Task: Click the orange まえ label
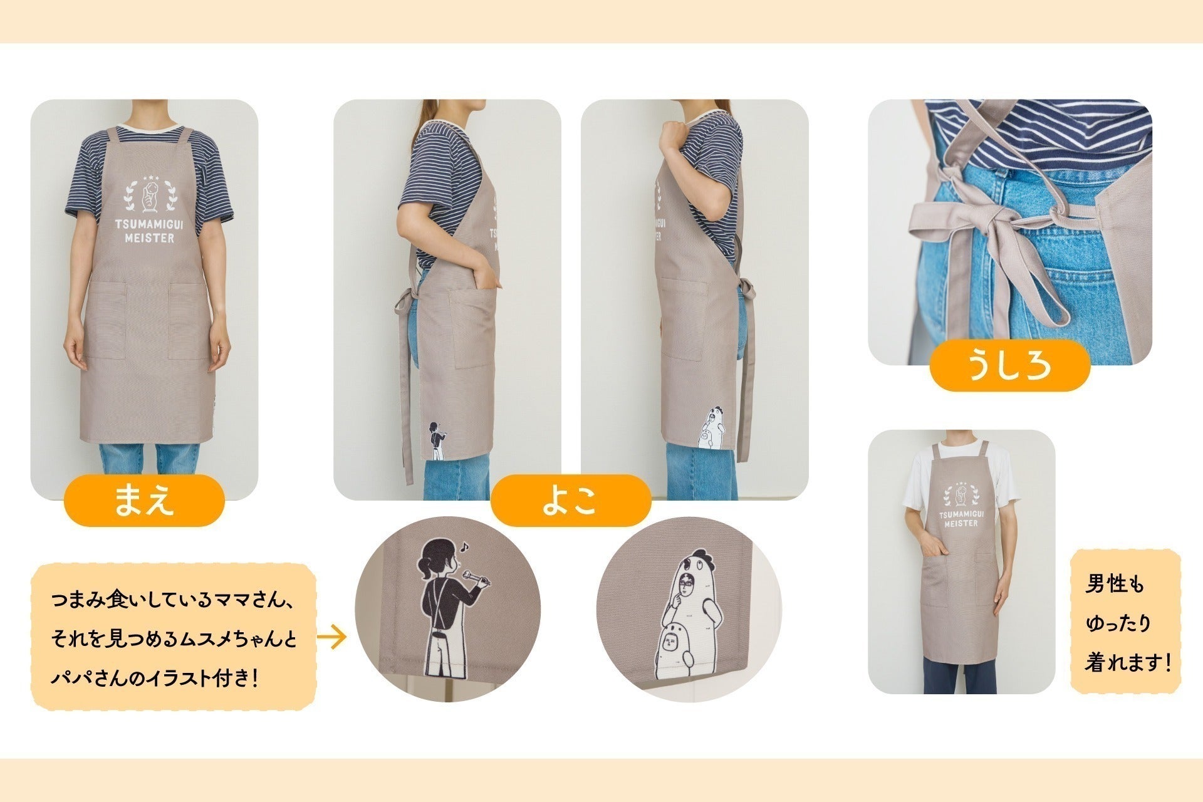pyautogui.click(x=144, y=500)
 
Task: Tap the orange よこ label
pyautogui.click(x=571, y=500)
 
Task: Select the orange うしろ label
pyautogui.click(x=1009, y=365)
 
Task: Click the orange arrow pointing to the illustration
pyautogui.click(x=332, y=638)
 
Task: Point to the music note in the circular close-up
pyautogui.click(x=464, y=546)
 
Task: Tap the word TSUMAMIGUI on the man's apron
pyautogui.click(x=962, y=514)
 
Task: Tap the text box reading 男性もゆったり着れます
pyautogui.click(x=1125, y=621)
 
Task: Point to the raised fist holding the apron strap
pyautogui.click(x=675, y=134)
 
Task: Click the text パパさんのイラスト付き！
pyautogui.click(x=155, y=679)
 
